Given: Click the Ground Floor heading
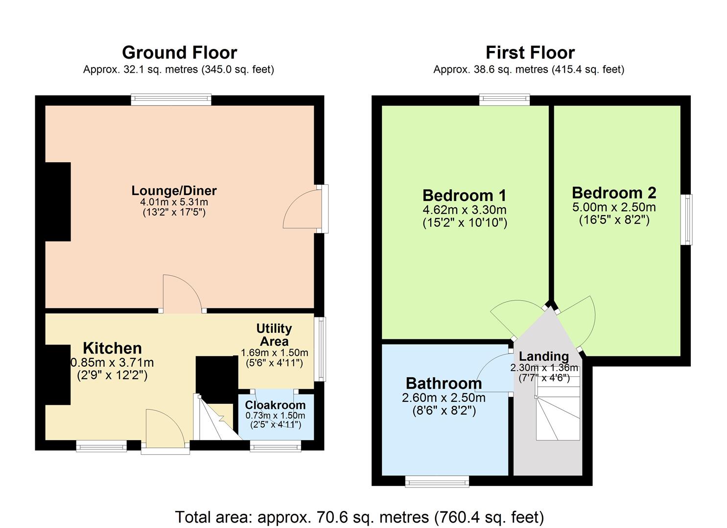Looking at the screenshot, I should tap(179, 52).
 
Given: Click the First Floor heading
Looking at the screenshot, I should tap(530, 52).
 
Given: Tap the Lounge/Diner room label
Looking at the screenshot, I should tap(174, 191).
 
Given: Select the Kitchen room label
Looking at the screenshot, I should tap(112, 348).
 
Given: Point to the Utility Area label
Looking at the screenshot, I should tap(274, 334).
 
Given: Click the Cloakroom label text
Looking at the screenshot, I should tap(275, 405).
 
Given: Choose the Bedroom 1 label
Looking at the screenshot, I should tap(464, 196).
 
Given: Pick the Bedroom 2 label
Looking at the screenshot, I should tap(614, 193).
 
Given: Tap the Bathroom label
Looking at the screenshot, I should tap(444, 383).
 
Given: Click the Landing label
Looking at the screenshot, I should tap(544, 356).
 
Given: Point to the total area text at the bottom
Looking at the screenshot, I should tap(359, 517).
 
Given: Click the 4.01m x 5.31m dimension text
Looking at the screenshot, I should tap(174, 202).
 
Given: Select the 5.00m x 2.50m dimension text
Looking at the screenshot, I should tap(614, 207).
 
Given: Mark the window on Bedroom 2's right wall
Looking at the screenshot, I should tap(688, 220).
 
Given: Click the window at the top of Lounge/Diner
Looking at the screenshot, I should tap(171, 100).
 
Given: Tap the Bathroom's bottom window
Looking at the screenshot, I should tap(437, 482).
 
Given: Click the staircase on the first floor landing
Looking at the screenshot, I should tap(558, 413).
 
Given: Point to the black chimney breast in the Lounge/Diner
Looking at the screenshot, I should tap(58, 201).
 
